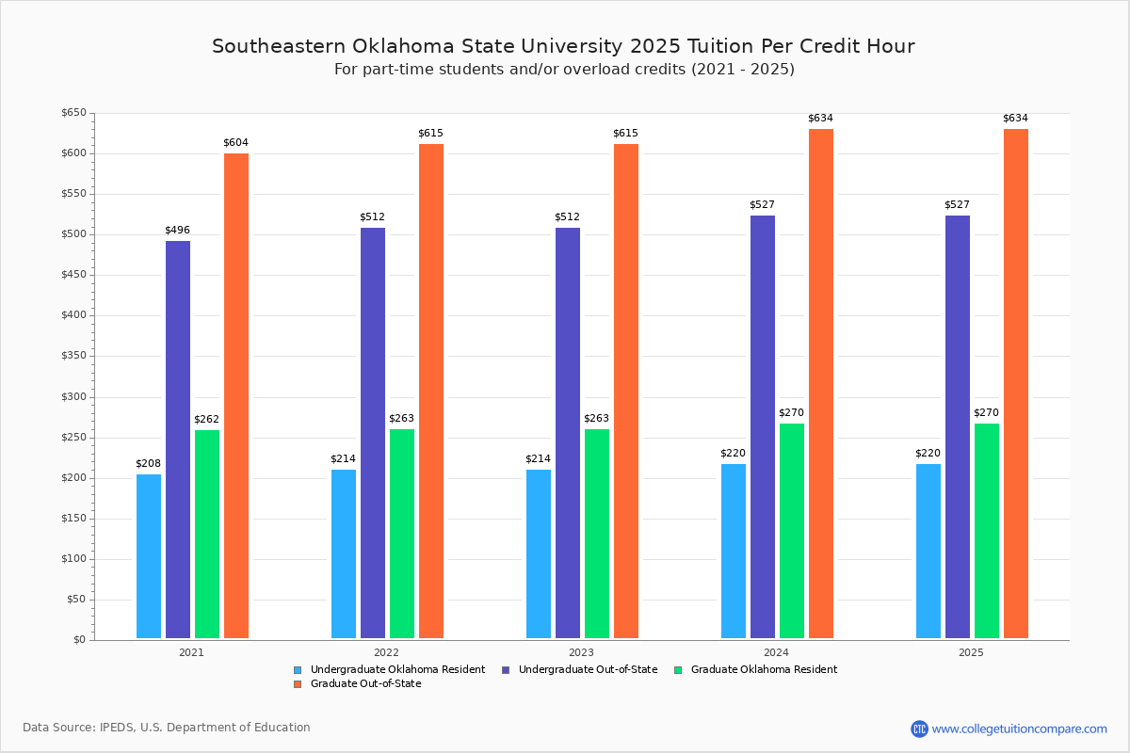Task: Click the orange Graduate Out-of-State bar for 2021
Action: pyautogui.click(x=236, y=395)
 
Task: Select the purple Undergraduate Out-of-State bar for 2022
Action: pyautogui.click(x=373, y=433)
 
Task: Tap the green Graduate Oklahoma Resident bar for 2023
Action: pyautogui.click(x=597, y=534)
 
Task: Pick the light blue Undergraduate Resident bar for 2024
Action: pyautogui.click(x=734, y=551)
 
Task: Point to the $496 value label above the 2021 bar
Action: pyautogui.click(x=177, y=231)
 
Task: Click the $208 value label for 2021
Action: pyautogui.click(x=148, y=464)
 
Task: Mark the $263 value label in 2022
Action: pyautogui.click(x=401, y=419)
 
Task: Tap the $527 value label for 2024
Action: pyautogui.click(x=762, y=205)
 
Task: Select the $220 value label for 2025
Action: pyautogui.click(x=928, y=454)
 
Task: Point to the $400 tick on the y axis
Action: pyautogui.click(x=73, y=316)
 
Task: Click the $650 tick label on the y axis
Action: pyautogui.click(x=73, y=113)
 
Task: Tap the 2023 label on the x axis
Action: pyautogui.click(x=581, y=652)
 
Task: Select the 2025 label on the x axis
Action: pyautogui.click(x=971, y=652)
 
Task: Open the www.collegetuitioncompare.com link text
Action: pyautogui.click(x=1019, y=729)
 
